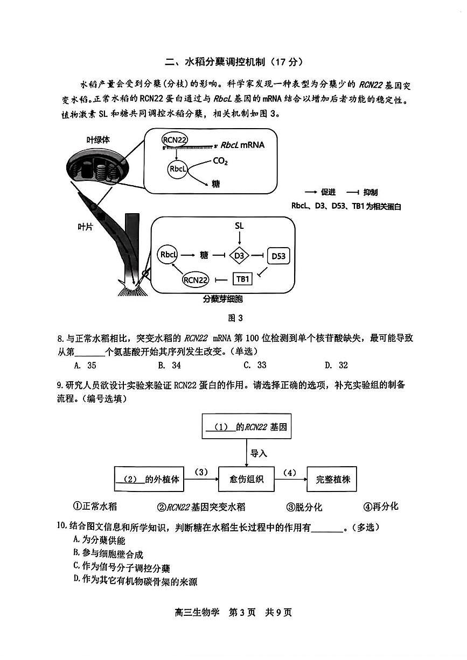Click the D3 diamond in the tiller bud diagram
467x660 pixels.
(239, 256)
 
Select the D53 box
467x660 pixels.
(278, 256)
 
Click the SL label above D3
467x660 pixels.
(240, 226)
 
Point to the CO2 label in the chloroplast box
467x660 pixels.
(220, 160)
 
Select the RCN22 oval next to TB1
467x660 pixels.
(196, 279)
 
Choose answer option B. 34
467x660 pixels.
(169, 366)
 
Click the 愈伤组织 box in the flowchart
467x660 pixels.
(246, 479)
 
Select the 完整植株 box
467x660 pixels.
(332, 479)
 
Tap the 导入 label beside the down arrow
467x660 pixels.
(259, 453)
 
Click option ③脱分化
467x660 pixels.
(304, 507)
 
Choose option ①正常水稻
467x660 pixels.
(95, 507)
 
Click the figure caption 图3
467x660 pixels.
(235, 318)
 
